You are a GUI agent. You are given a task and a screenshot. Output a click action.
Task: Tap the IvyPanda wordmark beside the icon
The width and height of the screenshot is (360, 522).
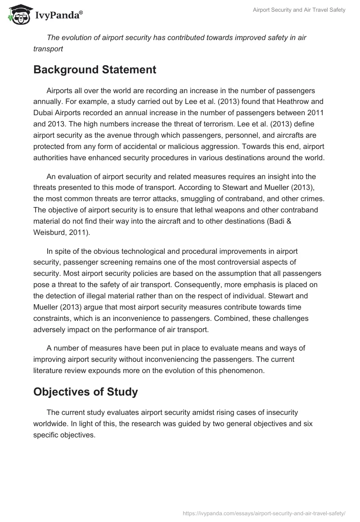(58, 15)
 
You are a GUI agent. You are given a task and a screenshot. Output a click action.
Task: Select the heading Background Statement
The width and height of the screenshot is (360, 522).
(94, 70)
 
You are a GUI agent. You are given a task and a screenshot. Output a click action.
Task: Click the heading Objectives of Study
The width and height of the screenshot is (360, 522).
(85, 391)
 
